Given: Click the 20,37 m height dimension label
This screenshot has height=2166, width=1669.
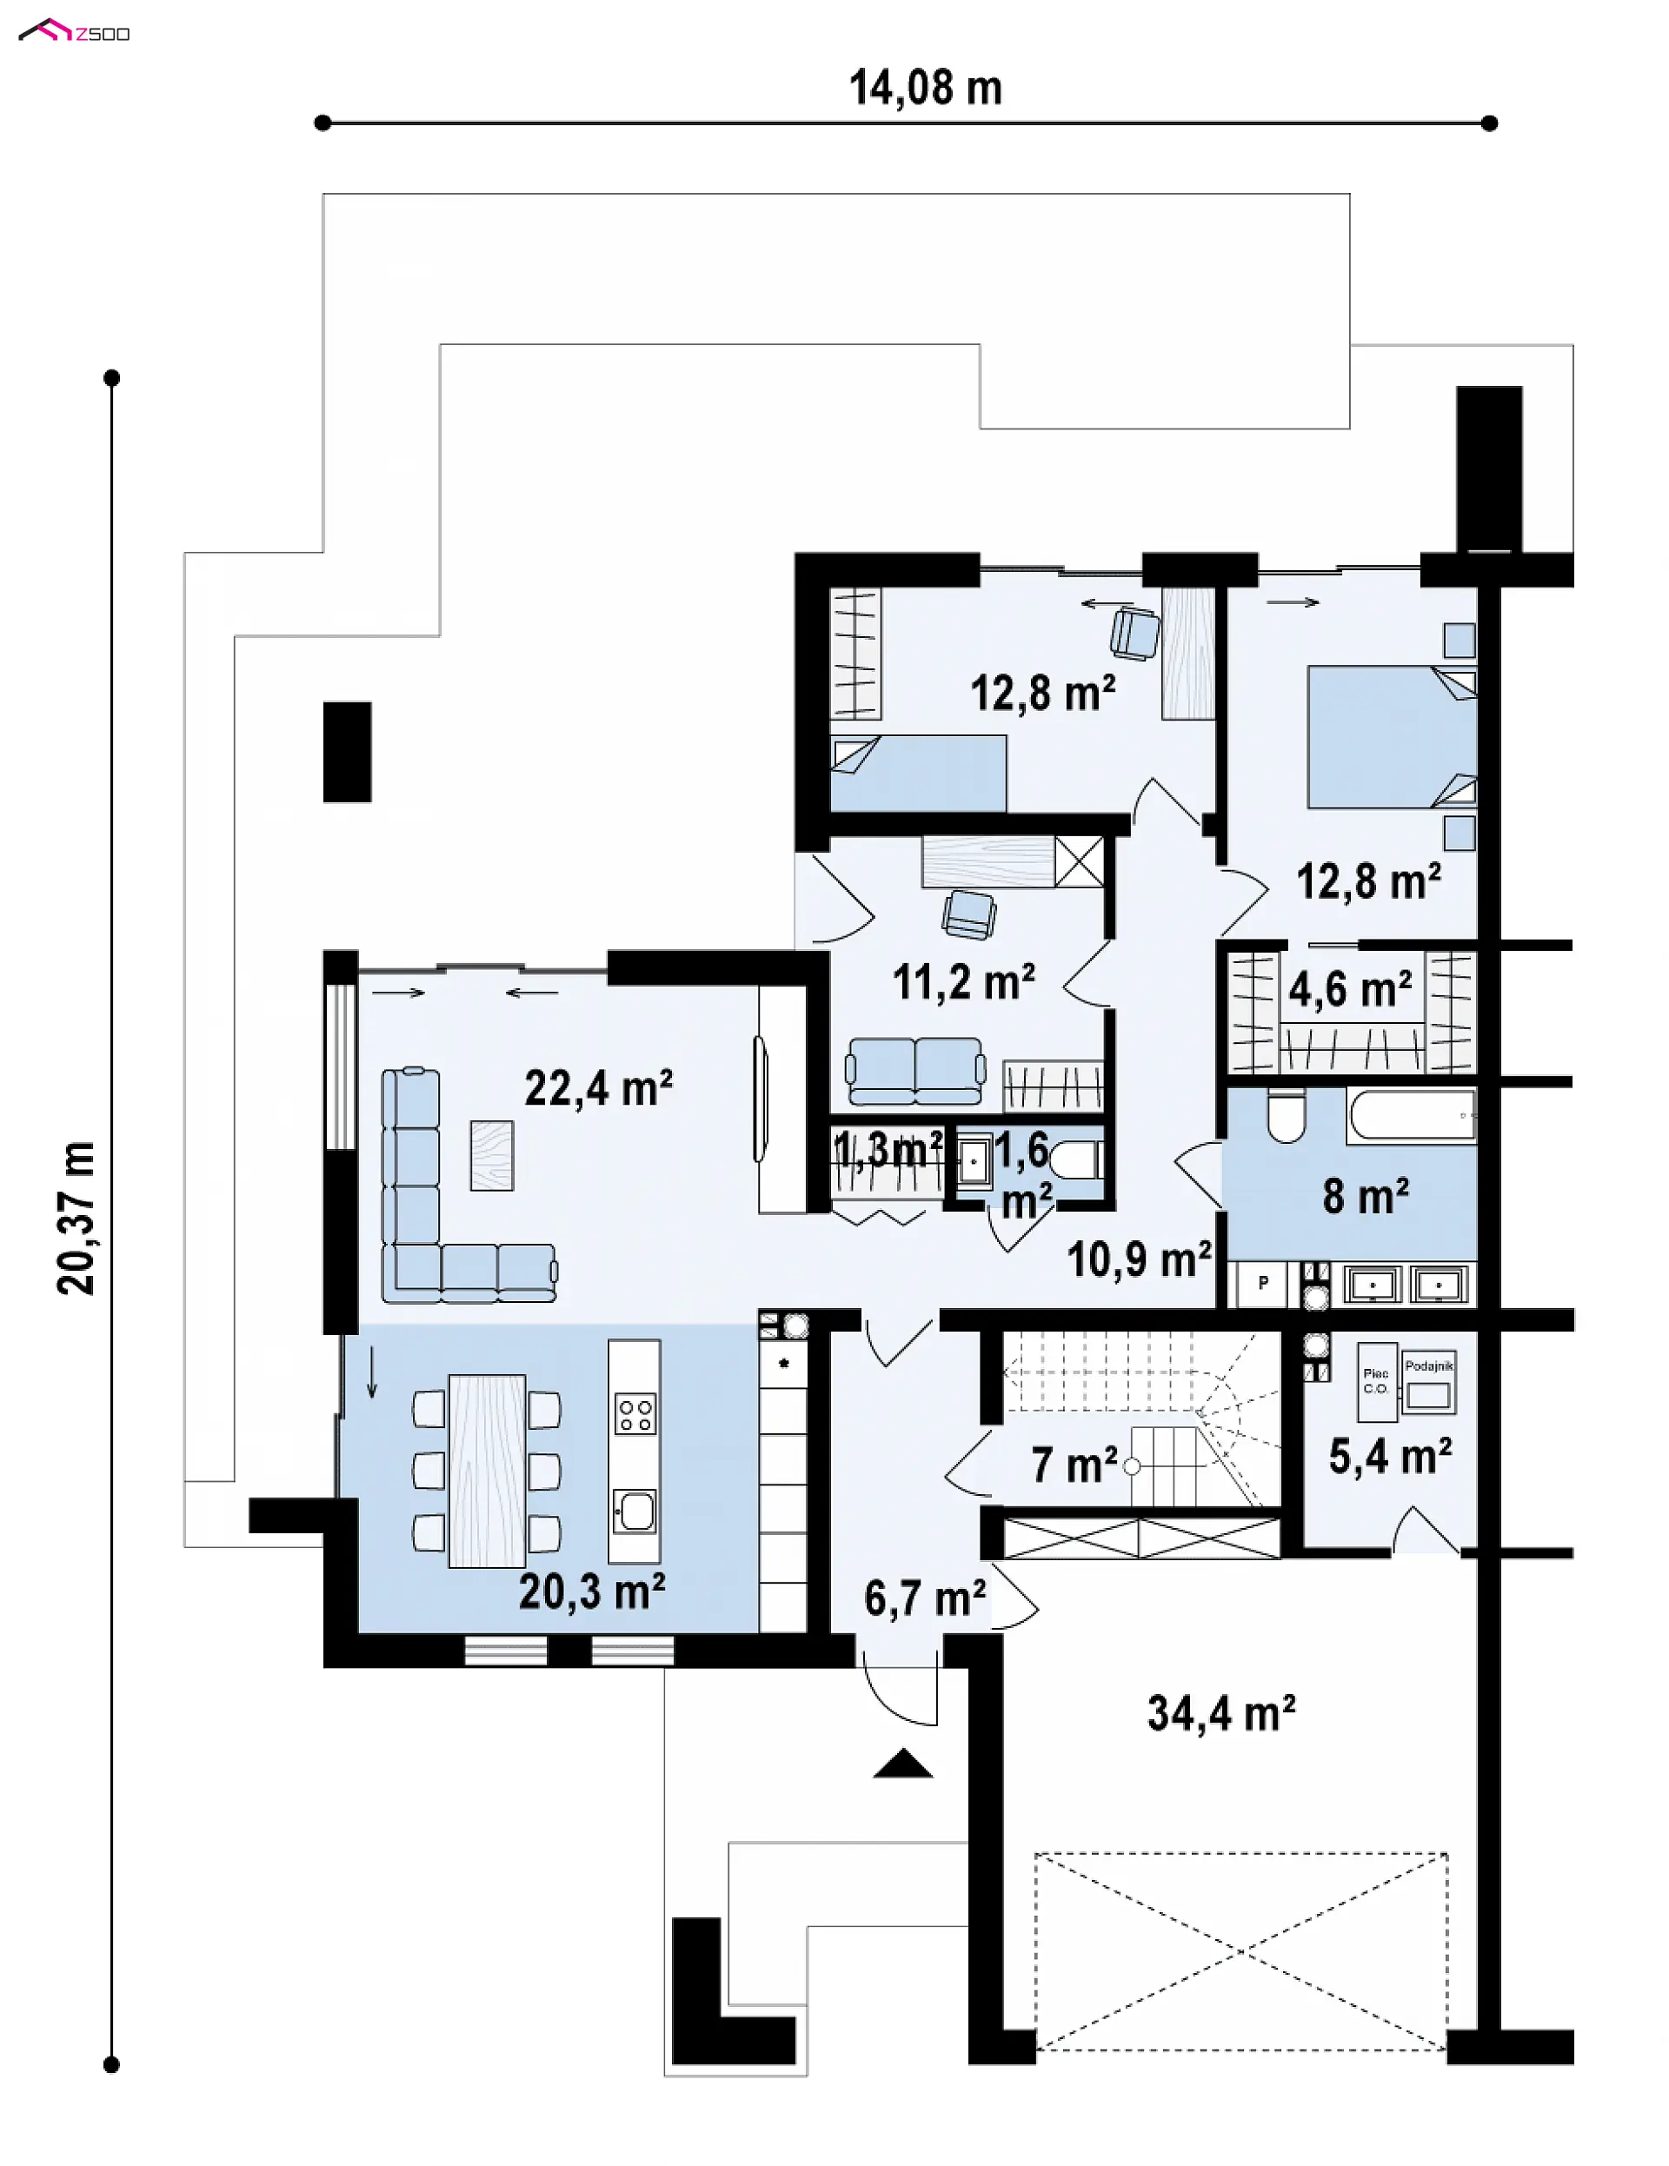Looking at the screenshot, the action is coord(76,1218).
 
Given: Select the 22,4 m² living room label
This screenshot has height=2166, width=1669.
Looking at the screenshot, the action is coord(598,1088).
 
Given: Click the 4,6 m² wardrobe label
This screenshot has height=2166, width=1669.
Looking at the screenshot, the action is coord(1350,989).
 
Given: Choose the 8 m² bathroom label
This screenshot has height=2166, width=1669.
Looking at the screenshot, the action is coord(1366,1196).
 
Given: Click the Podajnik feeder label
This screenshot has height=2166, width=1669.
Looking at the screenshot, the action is coord(1429,1365).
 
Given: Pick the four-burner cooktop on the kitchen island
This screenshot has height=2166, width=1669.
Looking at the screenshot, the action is coord(635,1415).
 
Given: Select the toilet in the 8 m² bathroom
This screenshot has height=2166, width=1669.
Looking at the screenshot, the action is coord(1287,1116).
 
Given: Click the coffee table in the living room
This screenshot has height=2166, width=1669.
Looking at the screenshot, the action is coord(492,1155).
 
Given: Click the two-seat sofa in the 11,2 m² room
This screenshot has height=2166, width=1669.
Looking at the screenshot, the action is coord(915,1071).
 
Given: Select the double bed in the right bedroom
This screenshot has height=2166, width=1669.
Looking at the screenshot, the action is coord(1392,737).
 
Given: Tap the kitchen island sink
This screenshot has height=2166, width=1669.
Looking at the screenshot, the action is coord(635,1512).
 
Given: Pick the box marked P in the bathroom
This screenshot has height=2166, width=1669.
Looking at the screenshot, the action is coord(1262,1283).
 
